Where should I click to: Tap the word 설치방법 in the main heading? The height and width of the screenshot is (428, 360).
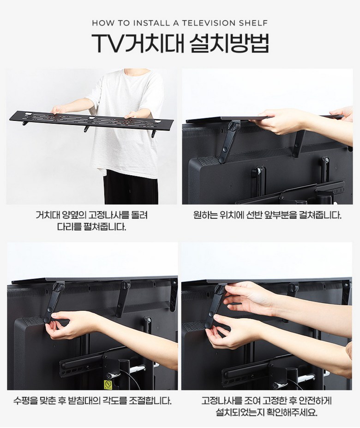click(229, 43)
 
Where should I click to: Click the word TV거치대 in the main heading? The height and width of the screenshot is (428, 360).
click(138, 43)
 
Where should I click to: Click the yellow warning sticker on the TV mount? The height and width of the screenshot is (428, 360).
click(108, 385)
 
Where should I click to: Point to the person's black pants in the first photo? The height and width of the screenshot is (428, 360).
click(131, 188)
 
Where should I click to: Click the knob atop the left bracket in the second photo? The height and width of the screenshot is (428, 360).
click(234, 126)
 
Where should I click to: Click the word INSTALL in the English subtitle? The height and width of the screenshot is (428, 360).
click(151, 23)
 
